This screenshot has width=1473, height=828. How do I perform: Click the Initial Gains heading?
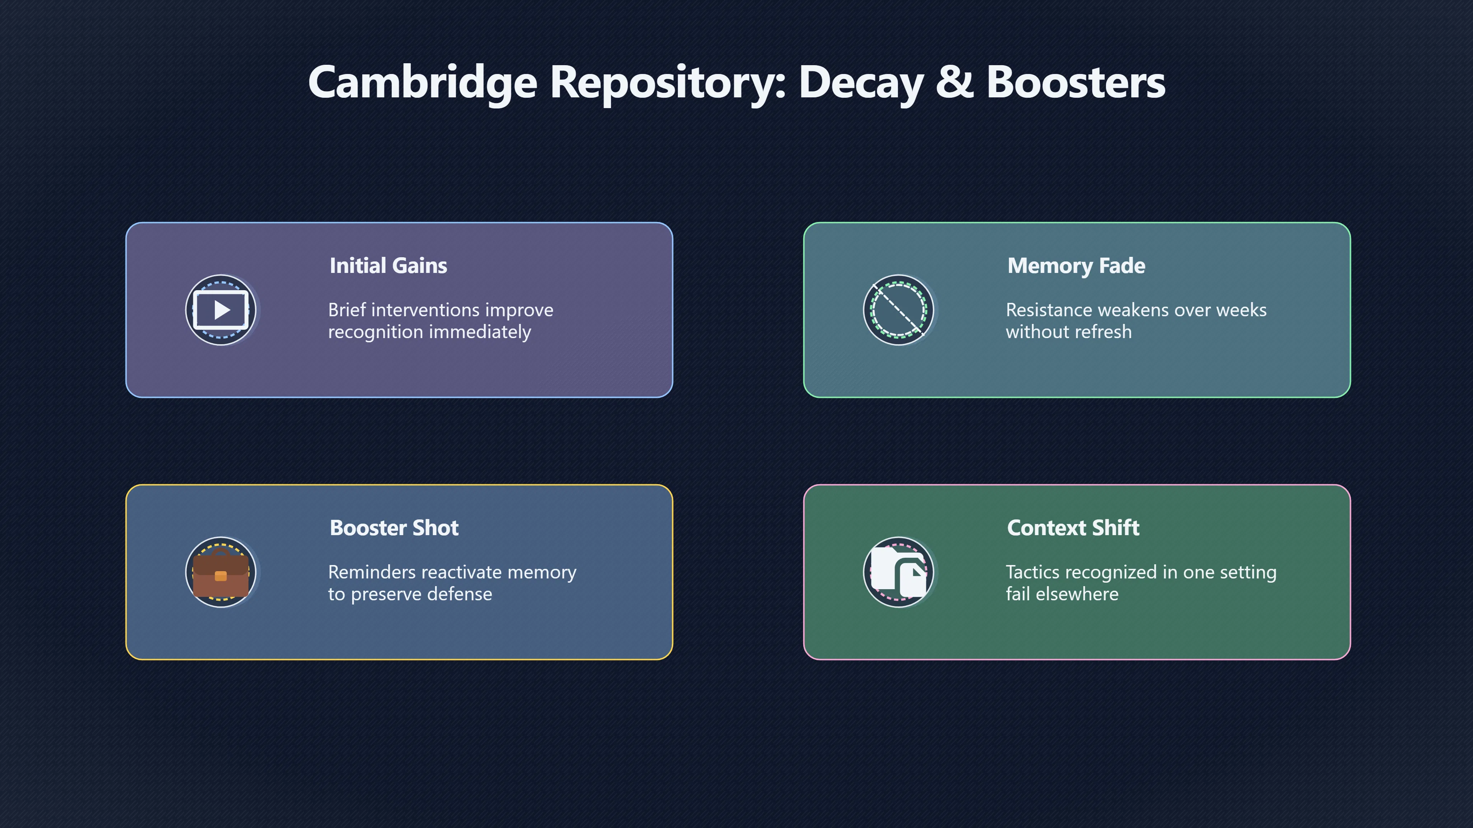388,266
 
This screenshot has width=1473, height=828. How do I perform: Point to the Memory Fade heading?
1076,266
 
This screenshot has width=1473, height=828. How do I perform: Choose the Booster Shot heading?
394,528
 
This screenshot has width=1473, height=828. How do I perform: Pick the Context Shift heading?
1073,528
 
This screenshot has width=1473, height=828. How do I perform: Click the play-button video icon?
221,310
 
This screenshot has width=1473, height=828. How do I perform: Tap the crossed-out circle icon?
898,310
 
